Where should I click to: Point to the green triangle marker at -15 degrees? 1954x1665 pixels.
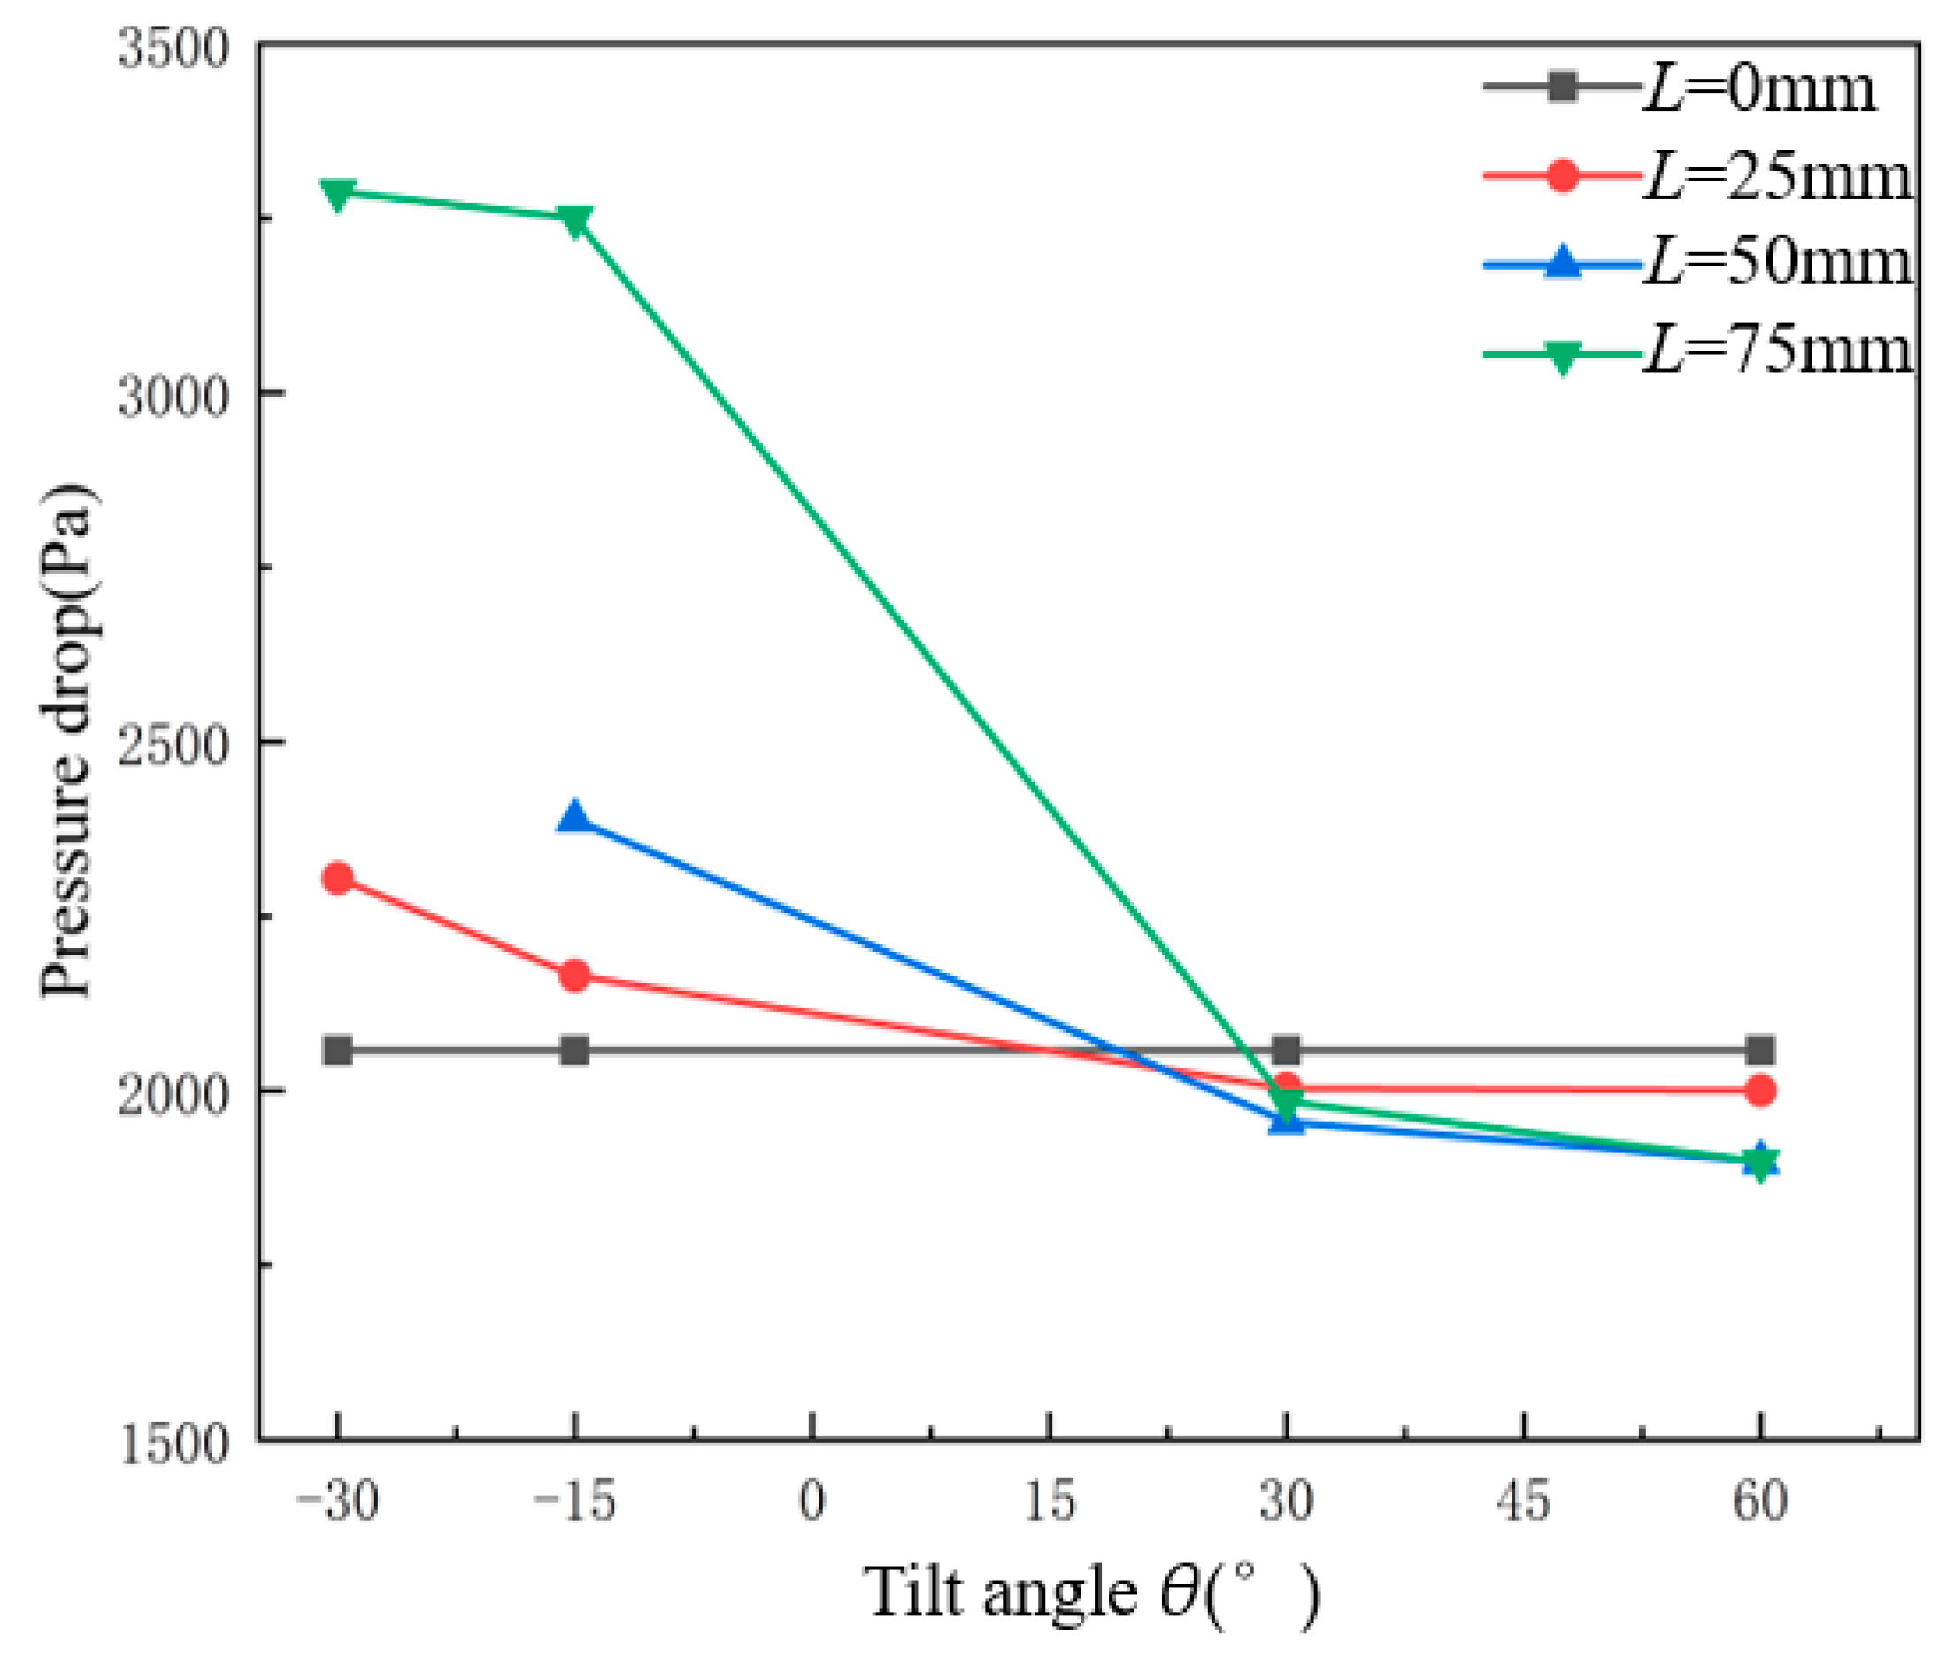[x=574, y=220]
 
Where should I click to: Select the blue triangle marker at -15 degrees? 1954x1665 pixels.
[x=574, y=817]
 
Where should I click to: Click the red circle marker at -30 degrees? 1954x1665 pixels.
[x=336, y=879]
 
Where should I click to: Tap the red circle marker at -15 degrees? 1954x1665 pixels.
[x=574, y=975]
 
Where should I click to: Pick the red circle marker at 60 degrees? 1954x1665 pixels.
[x=1759, y=1091]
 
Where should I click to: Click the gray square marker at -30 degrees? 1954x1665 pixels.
[x=336, y=1050]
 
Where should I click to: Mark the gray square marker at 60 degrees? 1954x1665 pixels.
[x=1759, y=1050]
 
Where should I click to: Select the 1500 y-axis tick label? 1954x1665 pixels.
[x=160, y=1445]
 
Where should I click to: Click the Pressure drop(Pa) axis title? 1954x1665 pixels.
[x=68, y=741]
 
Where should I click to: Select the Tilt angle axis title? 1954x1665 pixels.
[x=1091, y=1594]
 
